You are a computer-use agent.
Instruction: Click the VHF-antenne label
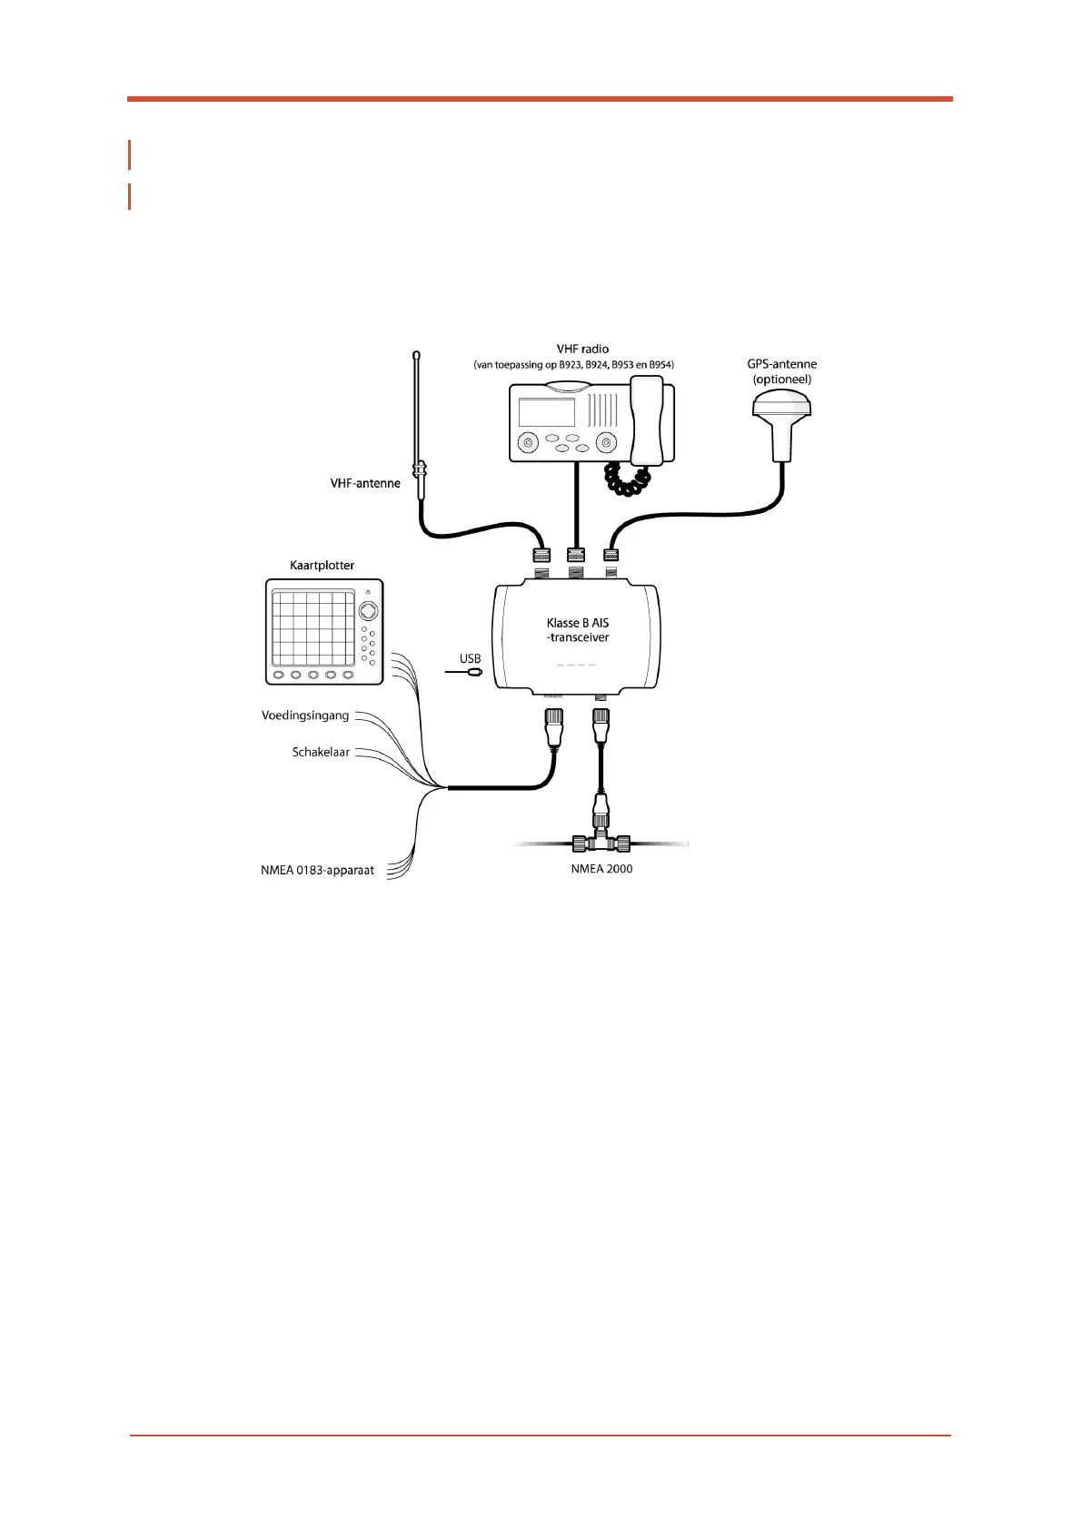tap(365, 484)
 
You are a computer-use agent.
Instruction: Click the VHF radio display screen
tap(547, 412)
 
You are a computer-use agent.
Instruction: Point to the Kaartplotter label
tap(322, 566)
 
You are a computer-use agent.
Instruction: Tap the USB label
tap(470, 658)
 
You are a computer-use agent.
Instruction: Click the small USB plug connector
tap(473, 673)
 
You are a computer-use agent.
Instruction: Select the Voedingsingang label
tap(305, 715)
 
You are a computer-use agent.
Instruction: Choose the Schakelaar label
tap(321, 752)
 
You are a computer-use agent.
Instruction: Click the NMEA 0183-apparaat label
tap(317, 870)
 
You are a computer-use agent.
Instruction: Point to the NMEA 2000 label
tap(601, 869)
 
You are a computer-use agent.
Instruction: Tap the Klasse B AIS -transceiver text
tap(578, 630)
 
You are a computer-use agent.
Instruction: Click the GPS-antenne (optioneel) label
tap(782, 371)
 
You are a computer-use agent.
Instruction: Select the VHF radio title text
tap(582, 349)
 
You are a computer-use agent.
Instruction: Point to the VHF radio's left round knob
tap(528, 443)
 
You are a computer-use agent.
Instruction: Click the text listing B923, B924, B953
tap(573, 365)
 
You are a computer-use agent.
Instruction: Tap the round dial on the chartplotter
tap(368, 609)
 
